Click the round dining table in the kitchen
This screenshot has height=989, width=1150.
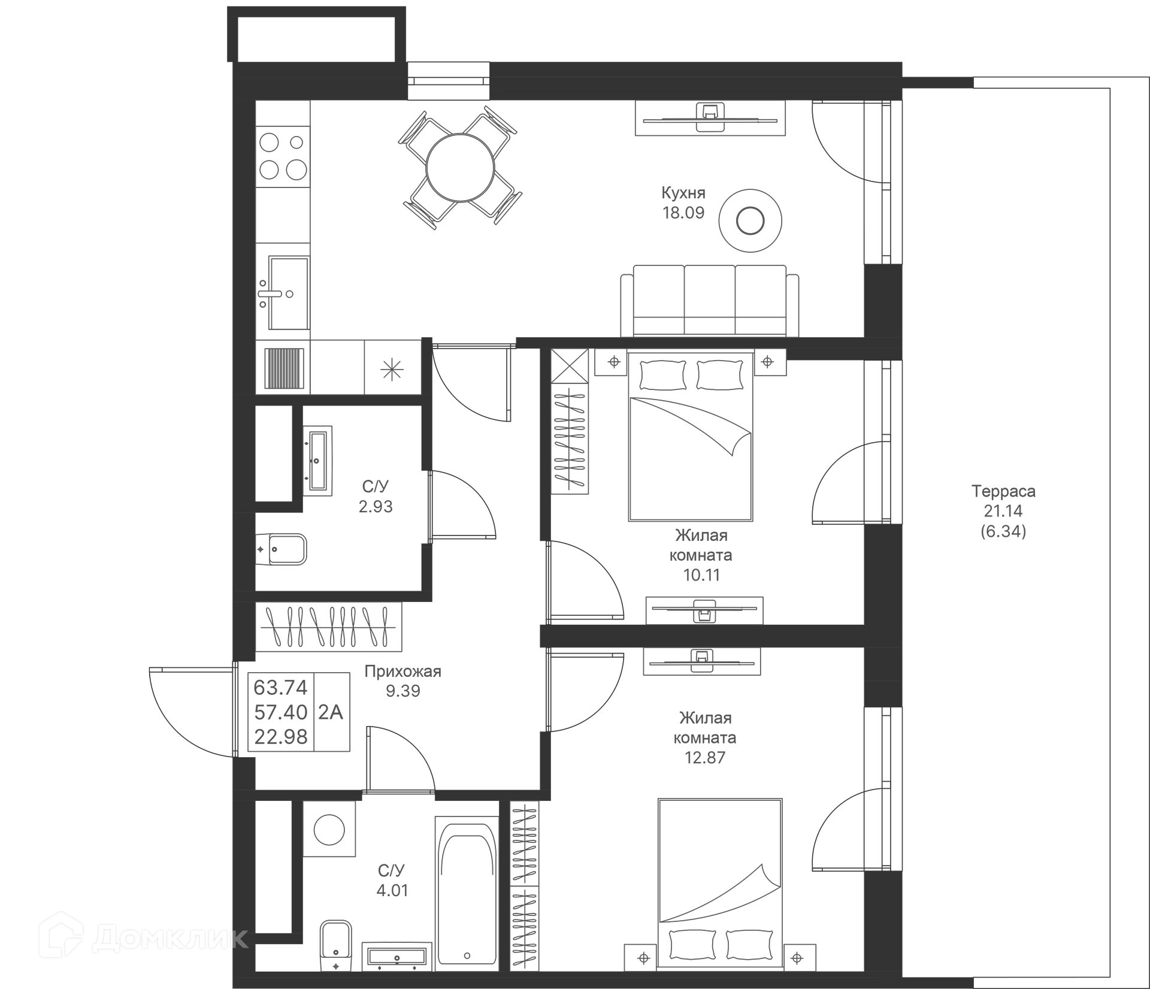coord(460,168)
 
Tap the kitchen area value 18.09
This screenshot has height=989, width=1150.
coord(683,213)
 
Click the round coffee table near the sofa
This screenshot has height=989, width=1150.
coord(750,222)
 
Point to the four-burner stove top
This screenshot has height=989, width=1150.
coord(283,156)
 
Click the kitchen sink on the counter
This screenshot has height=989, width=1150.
coord(288,293)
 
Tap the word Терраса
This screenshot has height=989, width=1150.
coord(1003,491)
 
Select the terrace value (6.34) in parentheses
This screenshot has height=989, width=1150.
coord(1003,531)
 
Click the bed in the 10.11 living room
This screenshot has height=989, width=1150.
coord(690,436)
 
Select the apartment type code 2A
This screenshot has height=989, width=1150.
coord(331,712)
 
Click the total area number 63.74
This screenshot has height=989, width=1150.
coord(280,688)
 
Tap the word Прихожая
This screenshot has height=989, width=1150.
coord(402,672)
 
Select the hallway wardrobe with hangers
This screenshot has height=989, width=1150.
coord(328,627)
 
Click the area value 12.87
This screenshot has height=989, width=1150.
coord(705,758)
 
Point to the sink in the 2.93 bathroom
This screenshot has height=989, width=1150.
coord(317,461)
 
